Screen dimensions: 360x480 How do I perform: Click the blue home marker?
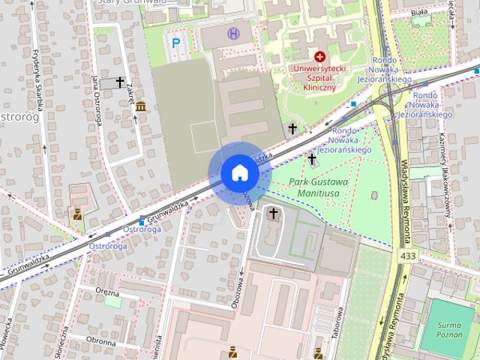click(x=239, y=173)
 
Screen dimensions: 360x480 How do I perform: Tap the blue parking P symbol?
click(x=176, y=43)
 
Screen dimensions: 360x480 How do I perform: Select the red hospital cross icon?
click(x=320, y=56)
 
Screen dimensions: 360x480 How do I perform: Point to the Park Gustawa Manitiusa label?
click(x=319, y=187)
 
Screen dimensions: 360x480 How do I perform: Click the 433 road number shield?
click(x=408, y=257)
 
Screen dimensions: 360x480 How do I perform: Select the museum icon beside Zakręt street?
click(x=141, y=107)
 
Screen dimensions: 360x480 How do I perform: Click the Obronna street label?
click(x=100, y=342)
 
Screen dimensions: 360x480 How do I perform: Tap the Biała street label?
click(x=420, y=13)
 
